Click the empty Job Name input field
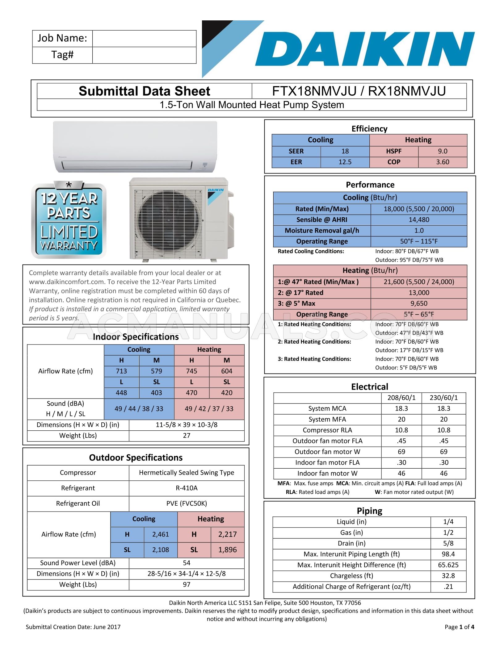(144, 39)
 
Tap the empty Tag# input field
(144, 55)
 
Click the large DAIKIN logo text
(364, 49)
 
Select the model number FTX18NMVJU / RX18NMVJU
(359, 91)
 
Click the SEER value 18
(345, 151)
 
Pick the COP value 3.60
(443, 162)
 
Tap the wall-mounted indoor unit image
(135, 147)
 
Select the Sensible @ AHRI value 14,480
(419, 220)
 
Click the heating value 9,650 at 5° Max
(419, 303)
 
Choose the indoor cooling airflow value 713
(121, 371)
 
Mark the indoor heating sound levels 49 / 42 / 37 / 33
(209, 409)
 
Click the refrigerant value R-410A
(187, 488)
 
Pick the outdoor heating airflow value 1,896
(227, 550)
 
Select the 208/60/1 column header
(401, 398)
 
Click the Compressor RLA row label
(327, 430)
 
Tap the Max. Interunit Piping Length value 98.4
(448, 554)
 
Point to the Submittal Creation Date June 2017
(73, 627)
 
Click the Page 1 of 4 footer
(459, 627)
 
